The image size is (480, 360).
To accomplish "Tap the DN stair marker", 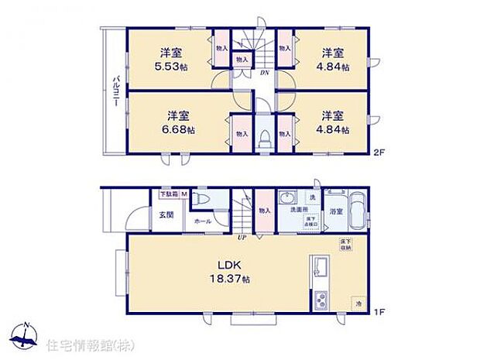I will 264,74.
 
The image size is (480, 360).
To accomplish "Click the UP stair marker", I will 242,238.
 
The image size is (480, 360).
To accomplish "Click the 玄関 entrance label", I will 166,214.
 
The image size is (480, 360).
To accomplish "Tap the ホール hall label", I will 204,221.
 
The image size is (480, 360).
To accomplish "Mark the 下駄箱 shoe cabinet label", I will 168,194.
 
